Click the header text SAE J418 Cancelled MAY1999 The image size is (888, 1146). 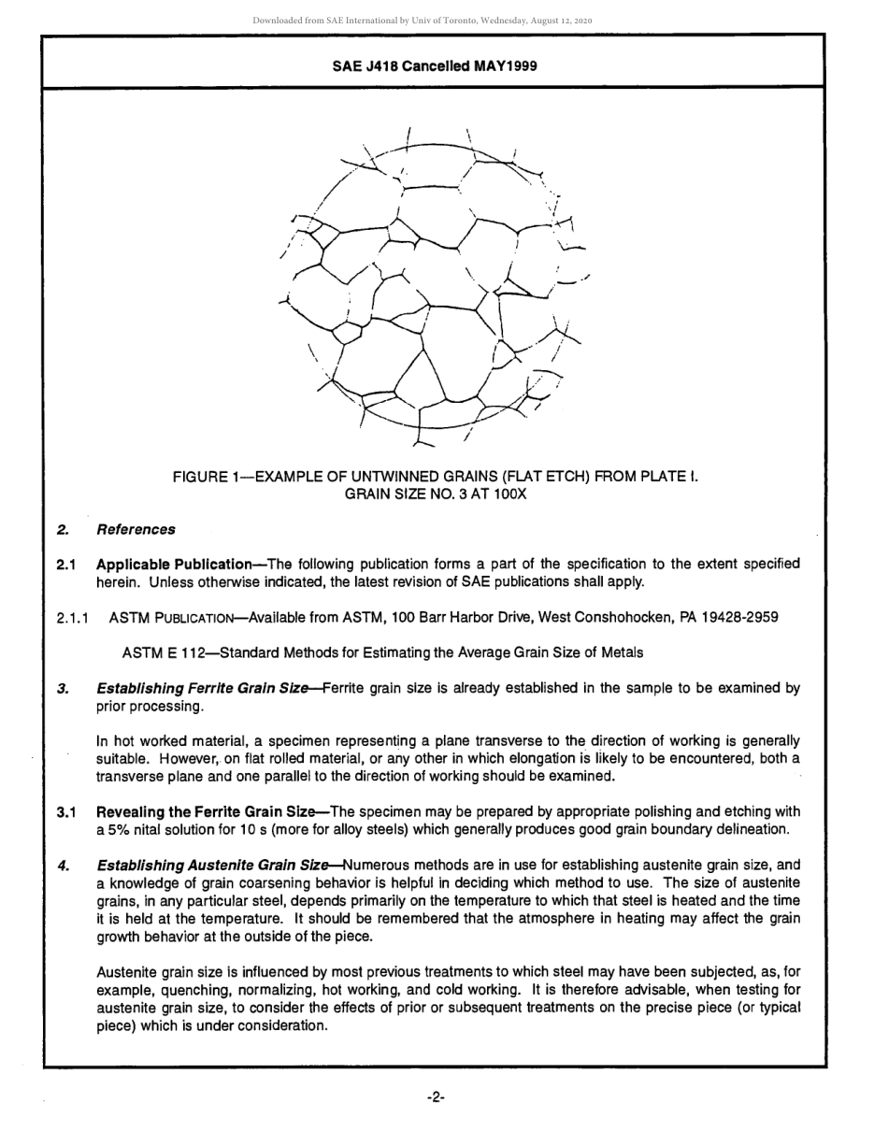click(x=434, y=66)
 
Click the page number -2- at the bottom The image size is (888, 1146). click(x=435, y=1096)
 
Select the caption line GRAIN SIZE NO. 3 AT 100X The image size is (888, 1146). click(x=435, y=494)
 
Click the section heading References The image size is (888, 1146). click(x=135, y=530)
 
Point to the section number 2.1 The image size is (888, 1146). click(x=65, y=565)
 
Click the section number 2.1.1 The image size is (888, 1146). click(x=72, y=618)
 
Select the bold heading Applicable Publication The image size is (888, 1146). click(x=174, y=565)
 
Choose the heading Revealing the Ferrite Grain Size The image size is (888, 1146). click(x=212, y=812)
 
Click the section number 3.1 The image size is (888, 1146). click(x=65, y=812)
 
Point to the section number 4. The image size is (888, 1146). click(x=62, y=866)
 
